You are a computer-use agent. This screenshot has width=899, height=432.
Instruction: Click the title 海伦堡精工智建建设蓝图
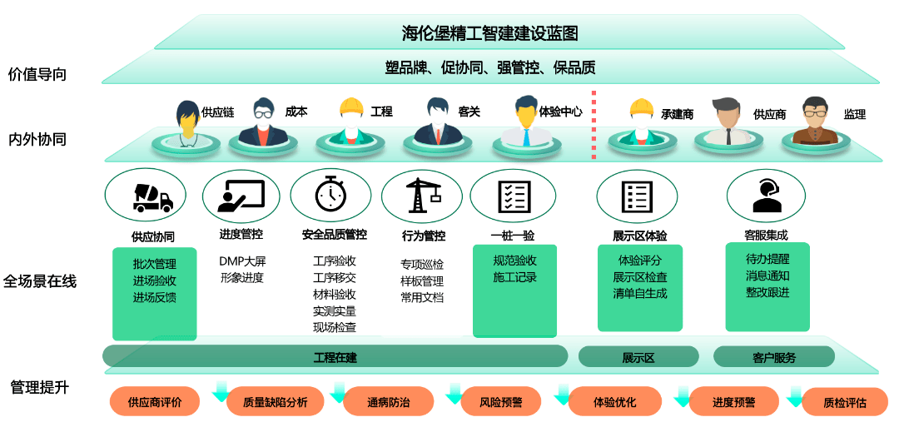coord(489,33)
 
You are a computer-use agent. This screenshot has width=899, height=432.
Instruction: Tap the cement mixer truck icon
coord(152,197)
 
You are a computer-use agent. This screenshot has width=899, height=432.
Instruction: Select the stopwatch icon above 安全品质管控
coord(330,194)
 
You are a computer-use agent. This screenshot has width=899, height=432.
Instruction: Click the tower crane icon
coord(423,195)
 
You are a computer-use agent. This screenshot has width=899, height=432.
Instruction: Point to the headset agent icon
coord(766,196)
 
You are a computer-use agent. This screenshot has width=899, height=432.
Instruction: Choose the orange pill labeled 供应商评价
coord(155,402)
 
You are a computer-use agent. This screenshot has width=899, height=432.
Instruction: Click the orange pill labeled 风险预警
coord(500,402)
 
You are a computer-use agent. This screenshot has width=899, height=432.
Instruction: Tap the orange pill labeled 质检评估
coord(844,402)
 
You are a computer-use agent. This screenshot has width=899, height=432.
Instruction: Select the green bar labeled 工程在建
coord(335,357)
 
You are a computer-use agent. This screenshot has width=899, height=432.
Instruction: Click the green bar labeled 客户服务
coord(774,357)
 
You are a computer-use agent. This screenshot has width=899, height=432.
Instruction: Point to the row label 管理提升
coord(40,387)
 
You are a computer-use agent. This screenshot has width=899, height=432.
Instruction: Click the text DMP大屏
coord(242,261)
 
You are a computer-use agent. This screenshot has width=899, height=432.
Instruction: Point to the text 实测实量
coord(335,311)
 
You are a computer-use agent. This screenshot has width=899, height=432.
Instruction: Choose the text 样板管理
coord(422,281)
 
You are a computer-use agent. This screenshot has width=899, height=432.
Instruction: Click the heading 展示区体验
coord(640,236)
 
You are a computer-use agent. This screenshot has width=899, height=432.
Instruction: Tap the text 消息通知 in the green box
coord(767,276)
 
